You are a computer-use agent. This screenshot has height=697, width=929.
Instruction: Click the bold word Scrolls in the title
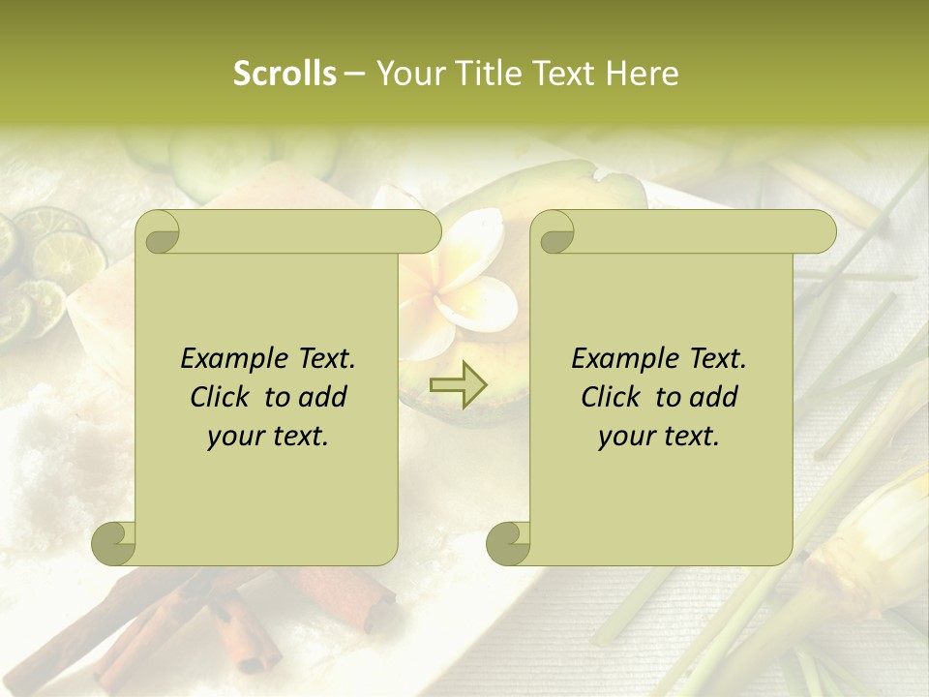tap(285, 74)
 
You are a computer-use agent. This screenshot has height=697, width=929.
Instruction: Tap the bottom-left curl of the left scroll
tap(114, 542)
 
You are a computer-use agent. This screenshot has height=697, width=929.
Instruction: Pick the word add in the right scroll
tap(713, 397)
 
